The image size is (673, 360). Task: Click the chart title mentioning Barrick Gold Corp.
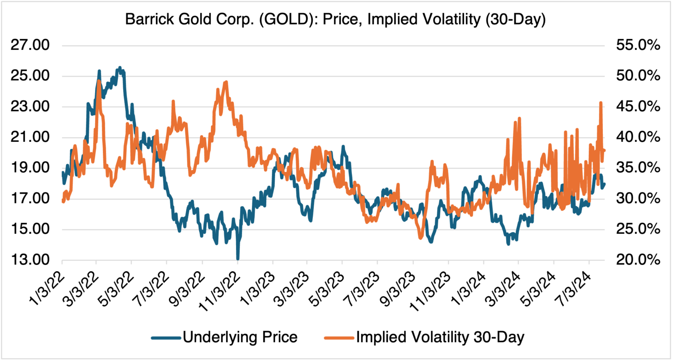335,19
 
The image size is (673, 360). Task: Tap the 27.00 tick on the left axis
30,45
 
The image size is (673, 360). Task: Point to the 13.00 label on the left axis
30,260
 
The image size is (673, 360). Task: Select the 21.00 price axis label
30,137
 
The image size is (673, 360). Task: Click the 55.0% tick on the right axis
638,45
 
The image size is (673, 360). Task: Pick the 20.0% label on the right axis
638,260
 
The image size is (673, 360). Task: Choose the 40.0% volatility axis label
638,137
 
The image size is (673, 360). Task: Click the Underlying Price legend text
240,337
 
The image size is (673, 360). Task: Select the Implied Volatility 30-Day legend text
440,337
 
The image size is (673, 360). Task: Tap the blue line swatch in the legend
166,338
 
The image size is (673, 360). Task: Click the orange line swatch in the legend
339,338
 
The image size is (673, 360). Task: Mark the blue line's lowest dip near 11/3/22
237,258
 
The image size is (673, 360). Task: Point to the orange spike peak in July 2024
601,103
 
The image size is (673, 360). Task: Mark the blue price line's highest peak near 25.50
120,68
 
